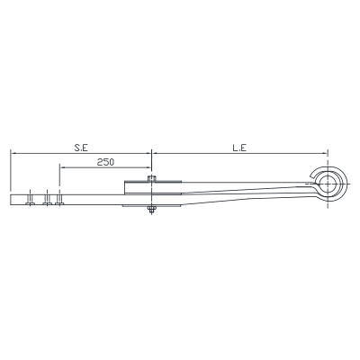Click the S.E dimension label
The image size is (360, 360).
[x=81, y=148]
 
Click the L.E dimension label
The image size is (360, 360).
[x=239, y=148]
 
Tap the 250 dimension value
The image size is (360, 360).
[x=105, y=162]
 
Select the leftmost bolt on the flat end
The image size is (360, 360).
[x=30, y=199]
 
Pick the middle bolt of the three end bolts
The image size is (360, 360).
[x=47, y=199]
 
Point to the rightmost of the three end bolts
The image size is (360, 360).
[x=59, y=199]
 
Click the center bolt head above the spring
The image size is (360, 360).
[x=152, y=178]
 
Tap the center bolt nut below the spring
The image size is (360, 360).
[x=151, y=210]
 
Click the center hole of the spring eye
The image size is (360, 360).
[x=328, y=184]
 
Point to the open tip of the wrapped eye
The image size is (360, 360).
[x=311, y=175]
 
